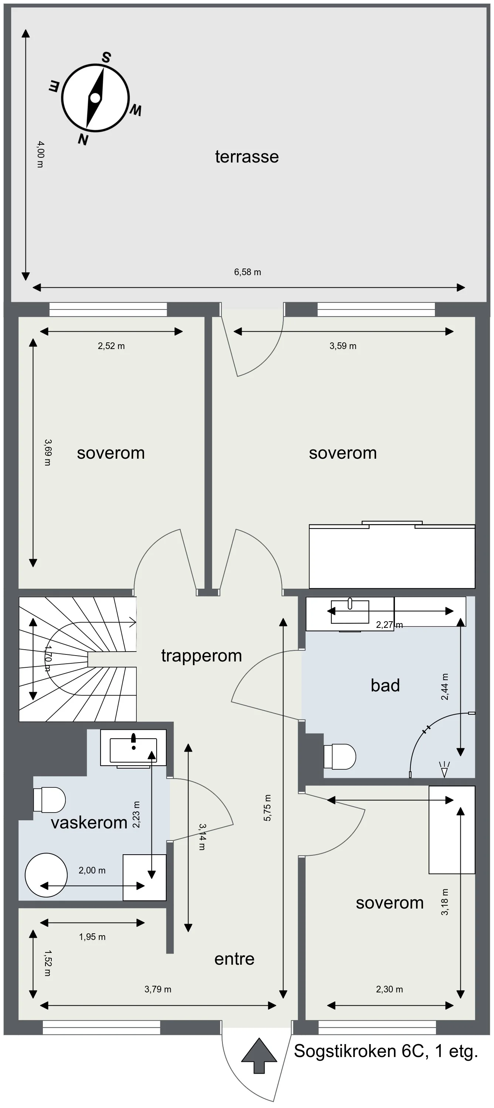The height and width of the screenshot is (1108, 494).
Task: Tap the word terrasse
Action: click(246, 157)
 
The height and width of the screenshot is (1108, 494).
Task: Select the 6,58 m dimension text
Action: click(248, 272)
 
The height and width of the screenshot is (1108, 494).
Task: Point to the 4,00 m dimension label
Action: click(40, 154)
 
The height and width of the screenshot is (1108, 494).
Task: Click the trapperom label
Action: click(201, 656)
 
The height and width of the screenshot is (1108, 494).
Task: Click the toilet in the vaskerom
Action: click(50, 800)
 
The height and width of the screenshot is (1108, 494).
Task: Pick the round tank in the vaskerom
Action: click(46, 875)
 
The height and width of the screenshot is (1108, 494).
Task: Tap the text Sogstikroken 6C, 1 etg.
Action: click(386, 1051)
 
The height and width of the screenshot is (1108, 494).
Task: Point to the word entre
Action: click(234, 959)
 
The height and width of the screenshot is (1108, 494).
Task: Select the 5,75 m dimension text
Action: click(267, 808)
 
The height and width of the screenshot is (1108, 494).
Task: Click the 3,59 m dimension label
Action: click(343, 346)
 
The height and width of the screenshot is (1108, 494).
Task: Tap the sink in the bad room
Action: click(350, 612)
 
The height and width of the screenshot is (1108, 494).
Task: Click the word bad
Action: click(385, 685)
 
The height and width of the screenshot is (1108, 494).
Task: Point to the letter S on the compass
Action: click(106, 58)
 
